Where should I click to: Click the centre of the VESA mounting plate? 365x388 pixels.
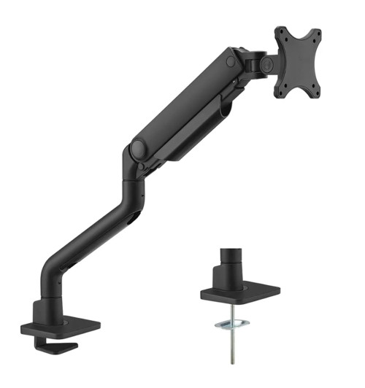tap(298, 63)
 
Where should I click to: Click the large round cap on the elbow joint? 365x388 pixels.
tap(135, 150)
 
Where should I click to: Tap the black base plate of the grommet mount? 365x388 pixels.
tap(241, 295)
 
